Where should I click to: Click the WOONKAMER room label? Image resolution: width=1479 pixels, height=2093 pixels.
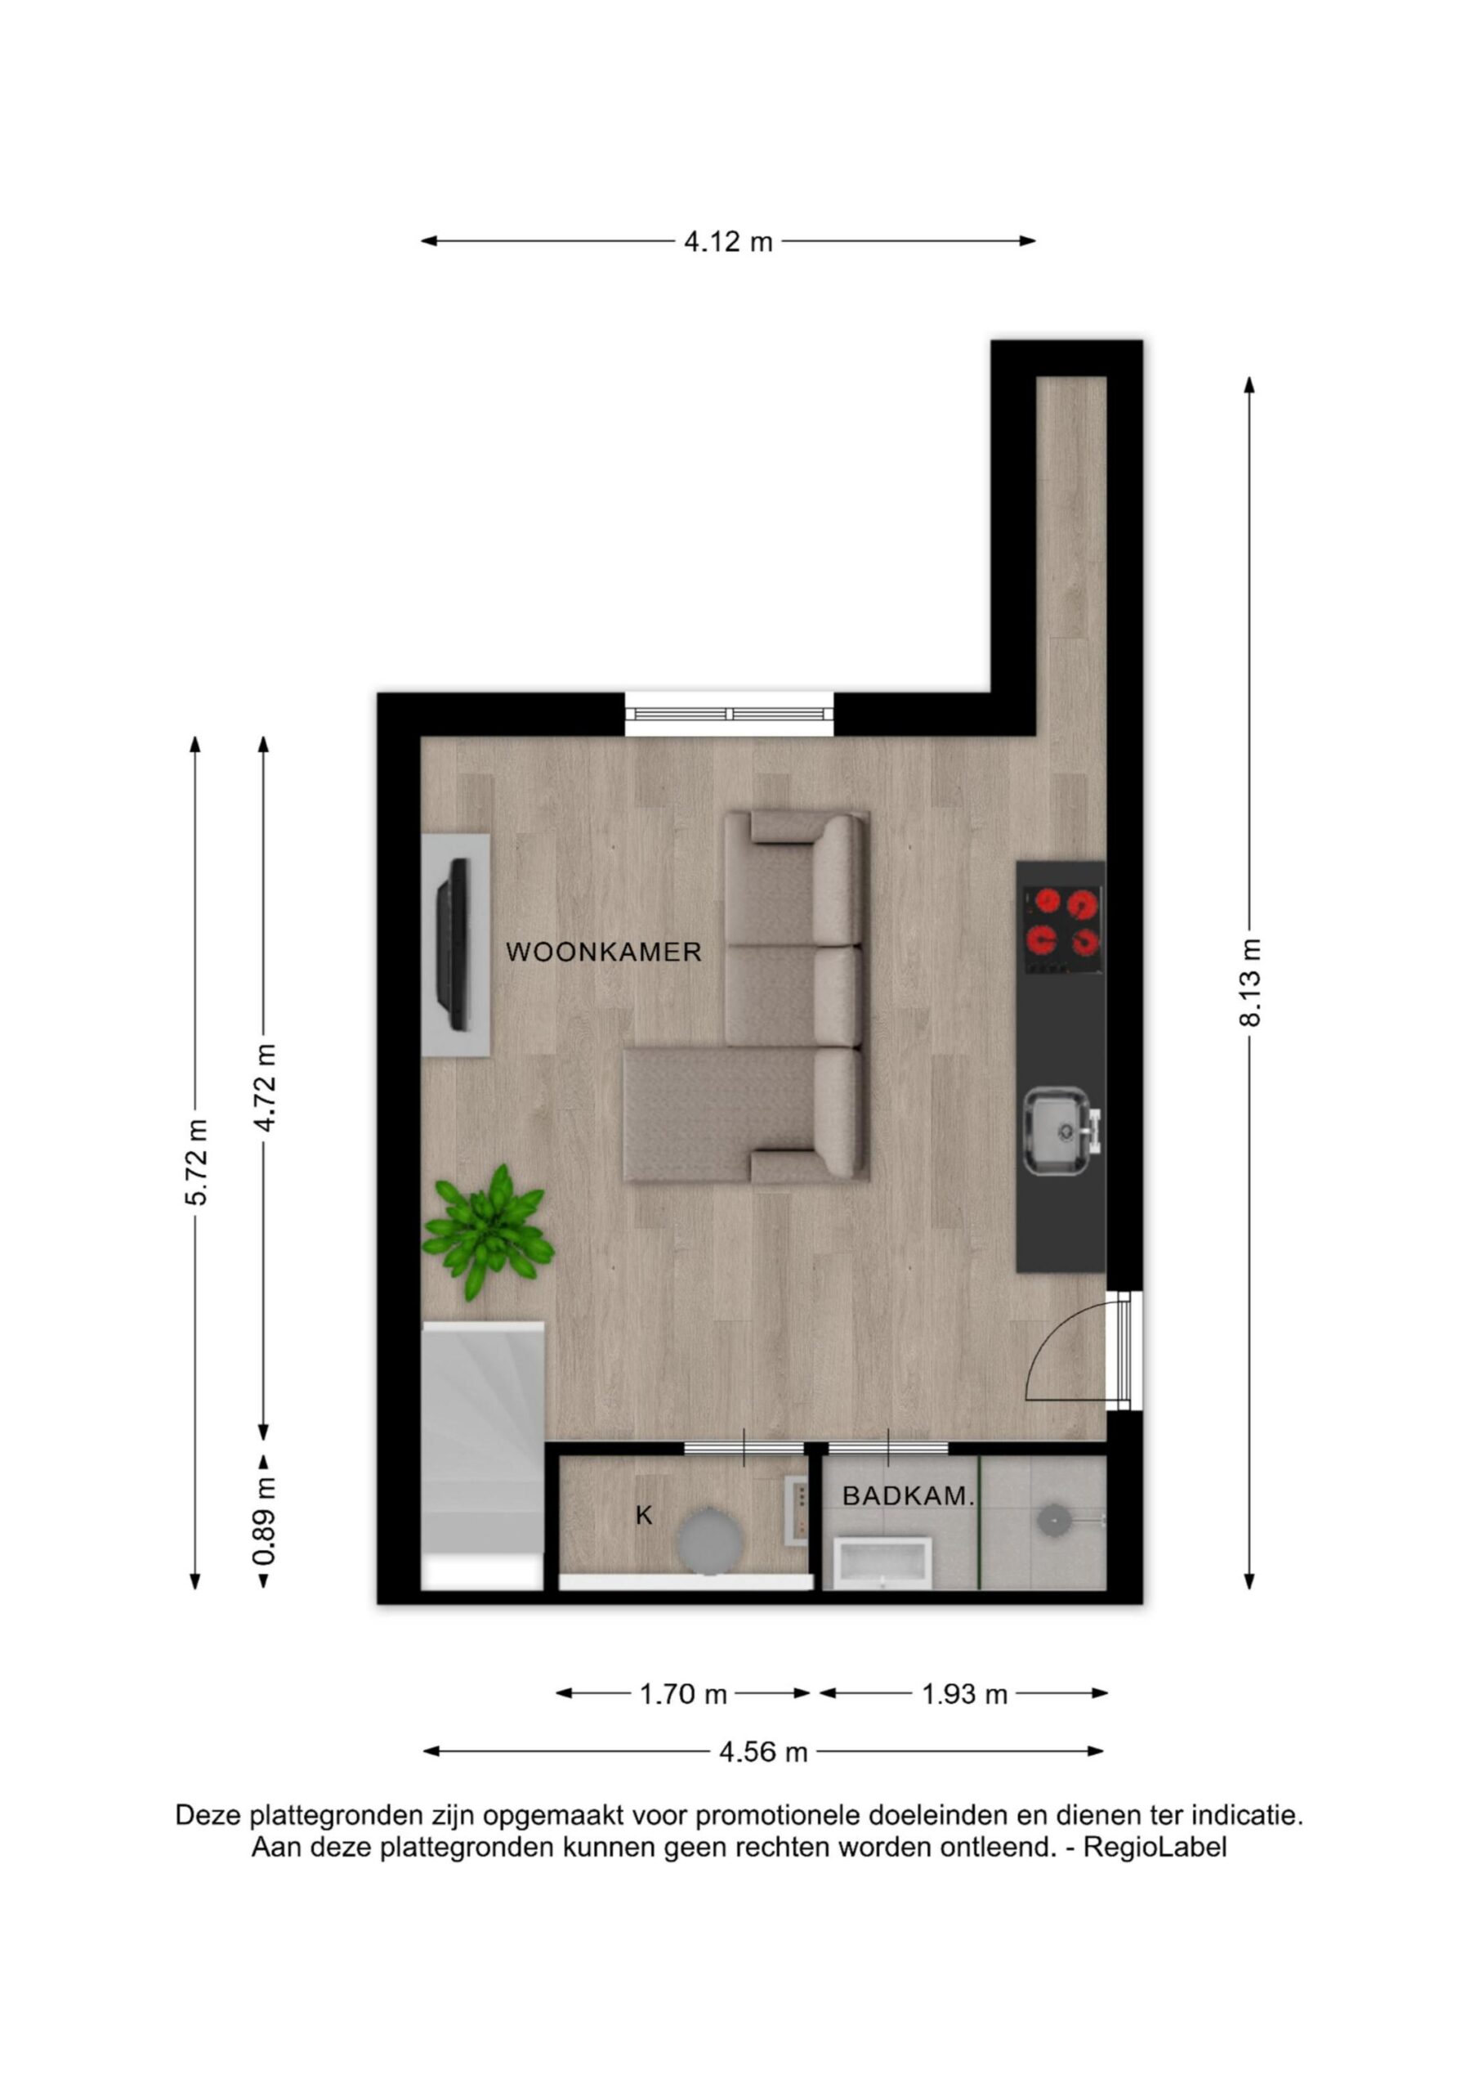pyautogui.click(x=603, y=952)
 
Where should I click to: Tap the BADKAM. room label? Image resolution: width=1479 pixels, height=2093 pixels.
pyautogui.click(x=909, y=1495)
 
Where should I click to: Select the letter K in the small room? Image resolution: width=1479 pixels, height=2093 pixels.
pyautogui.click(x=643, y=1515)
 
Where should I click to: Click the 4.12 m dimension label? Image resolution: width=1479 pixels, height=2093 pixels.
pyautogui.click(x=728, y=241)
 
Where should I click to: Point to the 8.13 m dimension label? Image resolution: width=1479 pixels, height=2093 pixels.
pyautogui.click(x=1249, y=983)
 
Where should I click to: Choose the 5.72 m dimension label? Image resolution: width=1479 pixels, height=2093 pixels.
pyautogui.click(x=196, y=1163)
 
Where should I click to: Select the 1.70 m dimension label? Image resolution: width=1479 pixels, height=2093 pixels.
pyautogui.click(x=682, y=1695)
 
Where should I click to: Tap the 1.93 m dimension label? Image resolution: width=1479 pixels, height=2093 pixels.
pyautogui.click(x=964, y=1695)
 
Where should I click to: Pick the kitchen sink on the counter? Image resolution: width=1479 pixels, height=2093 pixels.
pyautogui.click(x=1061, y=1132)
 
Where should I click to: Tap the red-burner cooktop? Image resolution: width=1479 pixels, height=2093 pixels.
pyautogui.click(x=1061, y=930)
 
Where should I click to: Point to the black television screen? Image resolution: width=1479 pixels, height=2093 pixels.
pyautogui.click(x=453, y=944)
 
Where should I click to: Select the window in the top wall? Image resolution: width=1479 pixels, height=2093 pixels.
pyautogui.click(x=729, y=714)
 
